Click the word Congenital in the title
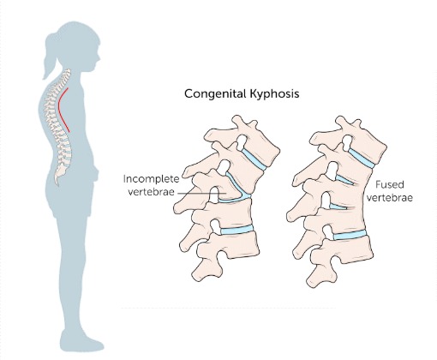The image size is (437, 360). tap(215, 94)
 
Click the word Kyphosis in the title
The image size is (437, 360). tap(274, 94)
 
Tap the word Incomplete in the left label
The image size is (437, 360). tap(152, 179)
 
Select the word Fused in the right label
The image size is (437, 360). tap(389, 184)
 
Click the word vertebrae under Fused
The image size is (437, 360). tap(390, 198)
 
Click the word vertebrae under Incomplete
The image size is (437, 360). tap(151, 192)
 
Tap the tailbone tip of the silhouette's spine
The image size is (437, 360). tap(57, 183)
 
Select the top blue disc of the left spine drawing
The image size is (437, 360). tap(254, 159)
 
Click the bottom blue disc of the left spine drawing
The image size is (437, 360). tap(237, 230)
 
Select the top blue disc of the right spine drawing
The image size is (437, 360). tap(362, 159)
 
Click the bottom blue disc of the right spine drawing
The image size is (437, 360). tap(350, 235)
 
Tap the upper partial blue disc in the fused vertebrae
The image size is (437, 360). tap(344, 180)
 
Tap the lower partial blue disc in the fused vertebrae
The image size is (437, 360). tap(338, 207)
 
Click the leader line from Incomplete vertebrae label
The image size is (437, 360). tap(202, 194)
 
